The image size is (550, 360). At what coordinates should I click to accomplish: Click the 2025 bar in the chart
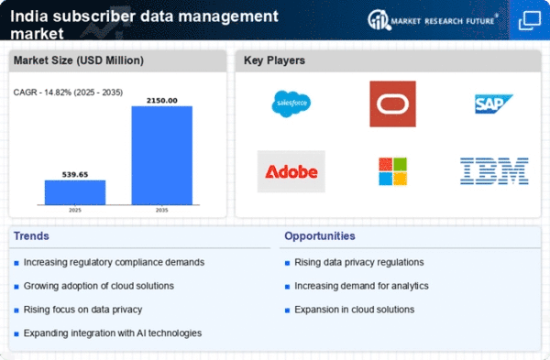75,192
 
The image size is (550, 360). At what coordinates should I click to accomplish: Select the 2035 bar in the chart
161,156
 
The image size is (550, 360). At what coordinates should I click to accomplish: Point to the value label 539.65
75,175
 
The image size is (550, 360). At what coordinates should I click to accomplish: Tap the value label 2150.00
161,101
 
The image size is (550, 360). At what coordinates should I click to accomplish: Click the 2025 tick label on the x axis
75,211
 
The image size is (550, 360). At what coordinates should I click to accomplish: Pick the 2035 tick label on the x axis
161,211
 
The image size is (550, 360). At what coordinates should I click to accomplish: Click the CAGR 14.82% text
68,93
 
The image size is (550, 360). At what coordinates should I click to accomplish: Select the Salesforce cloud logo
291,104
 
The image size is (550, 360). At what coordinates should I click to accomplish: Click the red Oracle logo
393,104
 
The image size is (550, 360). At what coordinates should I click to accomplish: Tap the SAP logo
493,104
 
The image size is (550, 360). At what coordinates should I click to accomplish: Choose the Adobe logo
291,172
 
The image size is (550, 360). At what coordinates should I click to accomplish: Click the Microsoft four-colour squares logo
393,171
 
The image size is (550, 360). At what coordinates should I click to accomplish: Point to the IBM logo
494,171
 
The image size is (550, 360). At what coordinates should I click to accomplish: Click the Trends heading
31,236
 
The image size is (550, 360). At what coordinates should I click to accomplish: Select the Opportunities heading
320,236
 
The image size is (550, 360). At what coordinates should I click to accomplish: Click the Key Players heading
274,60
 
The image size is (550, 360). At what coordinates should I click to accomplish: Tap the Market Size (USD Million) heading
79,60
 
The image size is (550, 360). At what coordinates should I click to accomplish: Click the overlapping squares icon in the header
530,20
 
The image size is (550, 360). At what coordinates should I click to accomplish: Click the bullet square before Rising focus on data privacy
16,311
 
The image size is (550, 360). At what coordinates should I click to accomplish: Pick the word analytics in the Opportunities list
410,287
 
